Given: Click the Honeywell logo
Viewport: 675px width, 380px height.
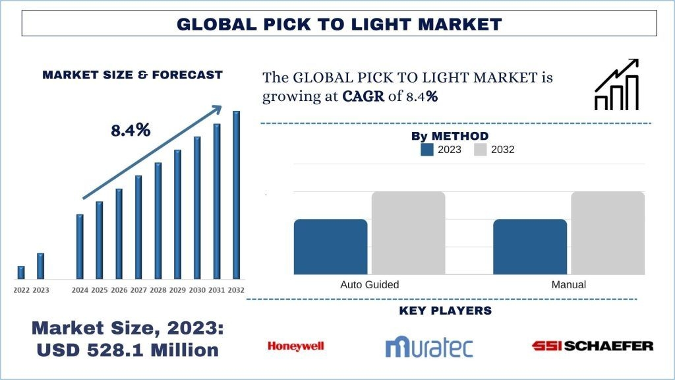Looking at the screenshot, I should [296, 346].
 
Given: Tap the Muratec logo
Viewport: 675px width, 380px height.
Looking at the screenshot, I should [429, 346].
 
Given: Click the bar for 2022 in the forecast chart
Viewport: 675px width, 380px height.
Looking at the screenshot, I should [21, 272].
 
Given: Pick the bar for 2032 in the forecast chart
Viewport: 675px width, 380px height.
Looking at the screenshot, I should [236, 195].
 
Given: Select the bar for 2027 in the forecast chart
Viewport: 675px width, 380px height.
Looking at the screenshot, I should [138, 227].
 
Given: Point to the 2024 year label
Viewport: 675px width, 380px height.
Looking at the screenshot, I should [80, 290].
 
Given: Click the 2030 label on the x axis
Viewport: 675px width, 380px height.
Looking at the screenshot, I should [197, 290].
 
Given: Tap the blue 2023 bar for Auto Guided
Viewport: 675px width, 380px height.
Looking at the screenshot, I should [330, 247].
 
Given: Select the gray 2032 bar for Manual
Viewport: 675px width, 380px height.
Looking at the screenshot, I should [608, 233].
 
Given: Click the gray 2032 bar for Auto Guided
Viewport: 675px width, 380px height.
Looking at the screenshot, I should [408, 233].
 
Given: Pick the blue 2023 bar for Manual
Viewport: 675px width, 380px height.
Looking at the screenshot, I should [530, 247].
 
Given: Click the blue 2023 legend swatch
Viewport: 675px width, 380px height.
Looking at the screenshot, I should [427, 150].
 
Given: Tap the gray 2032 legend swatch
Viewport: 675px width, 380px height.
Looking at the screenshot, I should [480, 150].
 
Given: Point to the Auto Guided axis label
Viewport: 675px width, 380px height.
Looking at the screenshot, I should [370, 285].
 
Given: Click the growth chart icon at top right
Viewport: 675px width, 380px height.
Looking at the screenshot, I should [616, 84].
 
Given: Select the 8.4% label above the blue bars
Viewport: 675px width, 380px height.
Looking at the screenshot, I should [131, 131].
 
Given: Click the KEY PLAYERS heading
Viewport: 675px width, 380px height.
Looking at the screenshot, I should [445, 311].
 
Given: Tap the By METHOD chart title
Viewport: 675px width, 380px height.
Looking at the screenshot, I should [450, 137].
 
